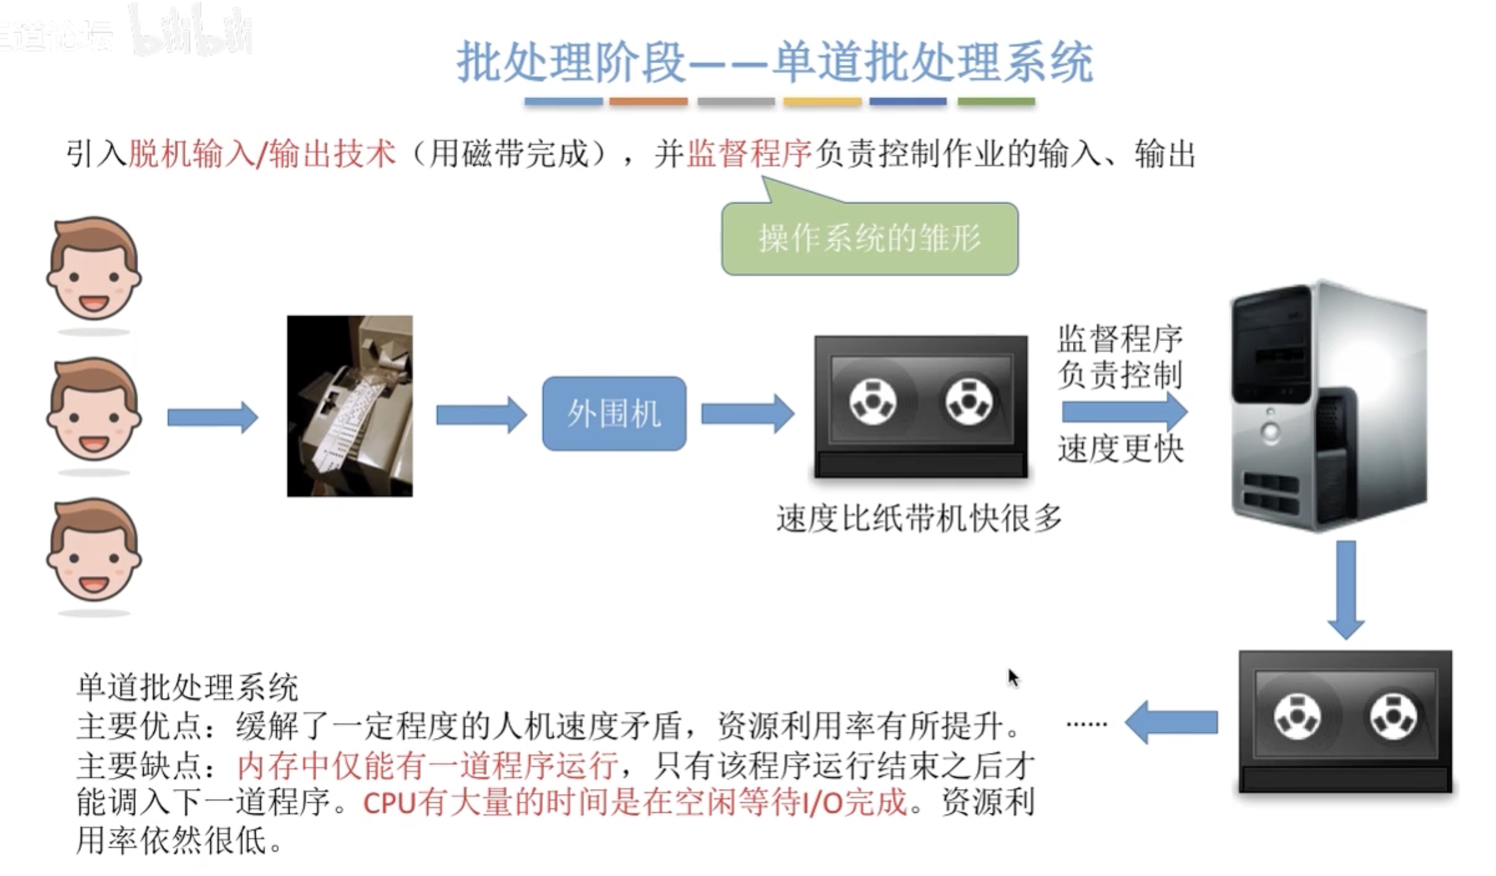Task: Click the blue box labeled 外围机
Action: [614, 413]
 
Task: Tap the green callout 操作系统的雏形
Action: [870, 239]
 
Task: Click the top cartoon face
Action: [94, 271]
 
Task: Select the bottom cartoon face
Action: [94, 551]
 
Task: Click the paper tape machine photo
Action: [350, 406]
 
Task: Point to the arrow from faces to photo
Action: [212, 417]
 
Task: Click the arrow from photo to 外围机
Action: [481, 414]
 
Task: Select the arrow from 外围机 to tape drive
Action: [747, 413]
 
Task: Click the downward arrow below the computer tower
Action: [1345, 588]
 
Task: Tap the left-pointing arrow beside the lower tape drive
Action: [1170, 722]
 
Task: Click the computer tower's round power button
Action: [1270, 431]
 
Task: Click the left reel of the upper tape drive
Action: [873, 401]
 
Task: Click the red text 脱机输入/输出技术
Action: [262, 154]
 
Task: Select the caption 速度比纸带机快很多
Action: [918, 518]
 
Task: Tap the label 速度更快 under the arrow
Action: [1120, 449]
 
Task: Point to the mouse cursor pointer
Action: [1012, 676]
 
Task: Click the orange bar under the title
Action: [648, 102]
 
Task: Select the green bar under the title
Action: [996, 102]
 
